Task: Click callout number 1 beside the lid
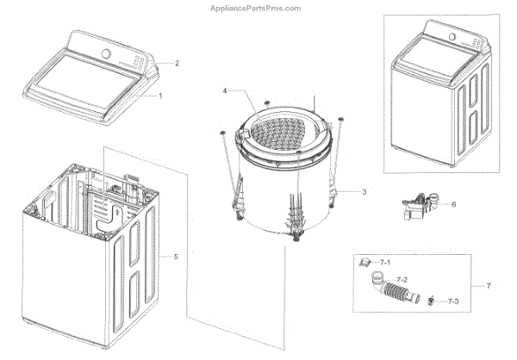tap(159, 96)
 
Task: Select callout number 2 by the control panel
tap(177, 63)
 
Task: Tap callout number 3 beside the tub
tap(364, 192)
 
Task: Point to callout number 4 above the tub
tap(225, 90)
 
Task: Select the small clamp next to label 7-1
tap(365, 263)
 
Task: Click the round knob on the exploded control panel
tap(106, 53)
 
